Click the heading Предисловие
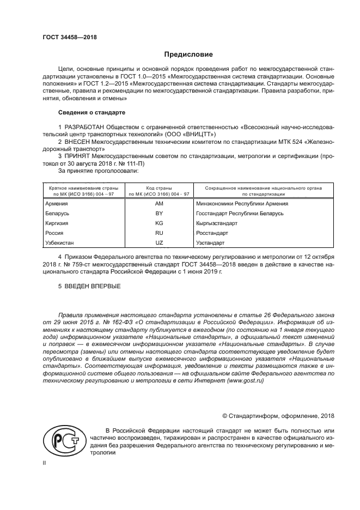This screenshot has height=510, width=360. (189, 54)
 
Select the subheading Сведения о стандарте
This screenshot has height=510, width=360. (91, 113)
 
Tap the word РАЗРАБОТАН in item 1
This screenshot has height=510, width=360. (85, 126)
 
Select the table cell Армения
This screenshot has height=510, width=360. (57, 204)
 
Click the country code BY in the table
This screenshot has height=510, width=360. (159, 214)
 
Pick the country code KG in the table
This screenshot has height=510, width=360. (159, 223)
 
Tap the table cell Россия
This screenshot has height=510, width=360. (54, 233)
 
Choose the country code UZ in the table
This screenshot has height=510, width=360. (159, 243)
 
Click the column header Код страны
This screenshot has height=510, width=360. (159, 188)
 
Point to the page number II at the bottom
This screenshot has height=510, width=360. (45, 463)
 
